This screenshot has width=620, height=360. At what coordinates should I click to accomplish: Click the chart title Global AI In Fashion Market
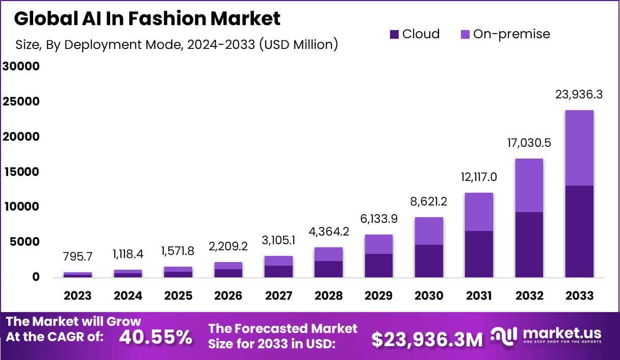click(147, 18)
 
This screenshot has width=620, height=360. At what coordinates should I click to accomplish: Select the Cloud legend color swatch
click(394, 34)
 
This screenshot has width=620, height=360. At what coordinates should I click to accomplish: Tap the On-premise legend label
click(511, 34)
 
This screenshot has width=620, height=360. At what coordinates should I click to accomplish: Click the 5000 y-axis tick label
click(23, 242)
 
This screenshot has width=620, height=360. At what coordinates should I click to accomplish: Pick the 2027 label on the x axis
click(278, 296)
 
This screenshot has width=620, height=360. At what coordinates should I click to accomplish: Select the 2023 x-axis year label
click(77, 296)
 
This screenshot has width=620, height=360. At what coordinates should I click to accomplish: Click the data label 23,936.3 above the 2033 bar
click(579, 94)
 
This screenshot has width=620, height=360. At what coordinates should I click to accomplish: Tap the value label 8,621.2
click(428, 201)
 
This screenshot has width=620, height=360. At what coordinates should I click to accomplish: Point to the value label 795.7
click(77, 258)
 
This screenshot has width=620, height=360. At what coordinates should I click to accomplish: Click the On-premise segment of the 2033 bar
click(579, 148)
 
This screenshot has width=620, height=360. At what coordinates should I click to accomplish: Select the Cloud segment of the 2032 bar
click(529, 245)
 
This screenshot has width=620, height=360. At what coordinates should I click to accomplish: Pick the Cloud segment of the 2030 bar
click(428, 261)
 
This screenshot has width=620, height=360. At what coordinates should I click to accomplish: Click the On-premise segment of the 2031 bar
click(478, 212)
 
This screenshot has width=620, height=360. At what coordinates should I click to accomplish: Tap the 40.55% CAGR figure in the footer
click(156, 337)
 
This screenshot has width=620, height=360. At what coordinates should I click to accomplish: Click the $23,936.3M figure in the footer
click(426, 339)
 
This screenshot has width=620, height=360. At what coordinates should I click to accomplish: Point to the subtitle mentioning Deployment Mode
click(177, 45)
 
